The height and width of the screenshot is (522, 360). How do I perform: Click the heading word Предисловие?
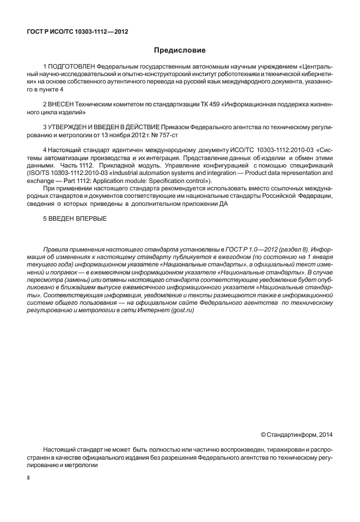point(179,51)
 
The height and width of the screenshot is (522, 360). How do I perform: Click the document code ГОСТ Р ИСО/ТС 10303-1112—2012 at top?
point(77,31)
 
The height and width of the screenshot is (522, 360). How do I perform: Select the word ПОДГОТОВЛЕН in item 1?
point(72,74)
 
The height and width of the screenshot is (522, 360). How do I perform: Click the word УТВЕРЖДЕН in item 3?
point(73,125)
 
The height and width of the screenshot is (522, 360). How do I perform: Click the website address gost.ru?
point(194,310)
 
